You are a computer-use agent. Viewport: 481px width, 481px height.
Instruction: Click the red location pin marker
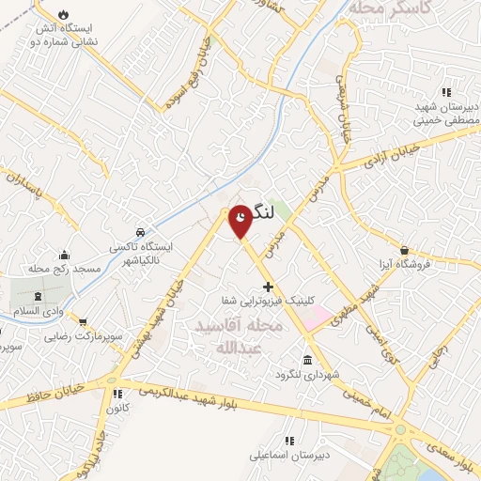tap(240, 219)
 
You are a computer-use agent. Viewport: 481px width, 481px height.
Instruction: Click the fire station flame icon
tap(63, 15)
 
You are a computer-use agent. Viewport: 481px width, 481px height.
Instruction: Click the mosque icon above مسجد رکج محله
tap(64, 255)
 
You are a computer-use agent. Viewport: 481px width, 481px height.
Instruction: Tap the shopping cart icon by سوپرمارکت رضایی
tap(84, 320)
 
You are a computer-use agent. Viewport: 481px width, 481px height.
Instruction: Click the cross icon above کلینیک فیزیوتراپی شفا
tap(268, 286)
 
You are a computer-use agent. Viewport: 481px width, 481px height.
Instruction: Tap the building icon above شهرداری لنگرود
tap(308, 361)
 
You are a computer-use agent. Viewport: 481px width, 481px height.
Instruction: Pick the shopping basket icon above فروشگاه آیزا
tap(404, 250)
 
